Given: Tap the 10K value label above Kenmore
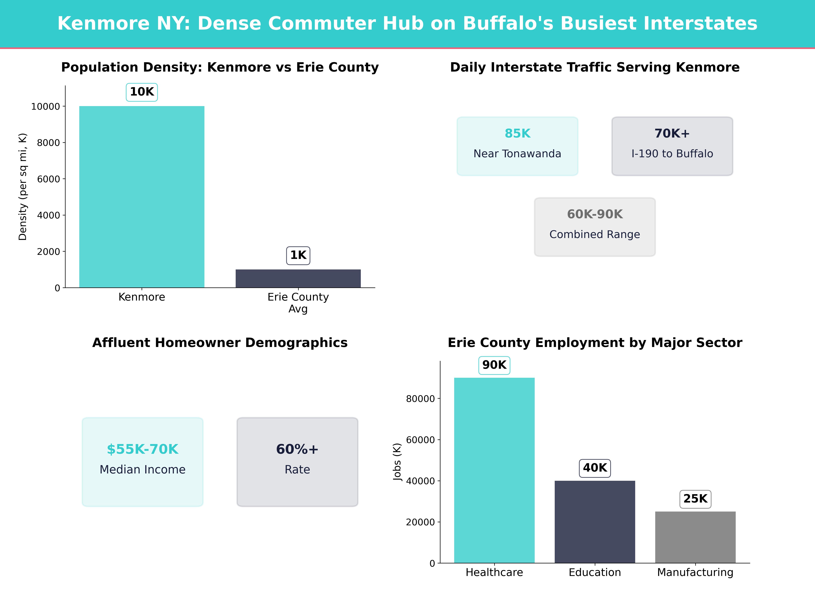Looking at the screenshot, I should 142,92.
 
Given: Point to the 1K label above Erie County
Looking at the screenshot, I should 298,255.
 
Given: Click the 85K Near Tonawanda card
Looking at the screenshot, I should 517,146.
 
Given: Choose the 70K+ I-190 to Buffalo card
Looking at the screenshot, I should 672,146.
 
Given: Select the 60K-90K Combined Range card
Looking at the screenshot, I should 595,227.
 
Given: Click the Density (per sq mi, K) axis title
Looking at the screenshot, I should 23,187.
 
